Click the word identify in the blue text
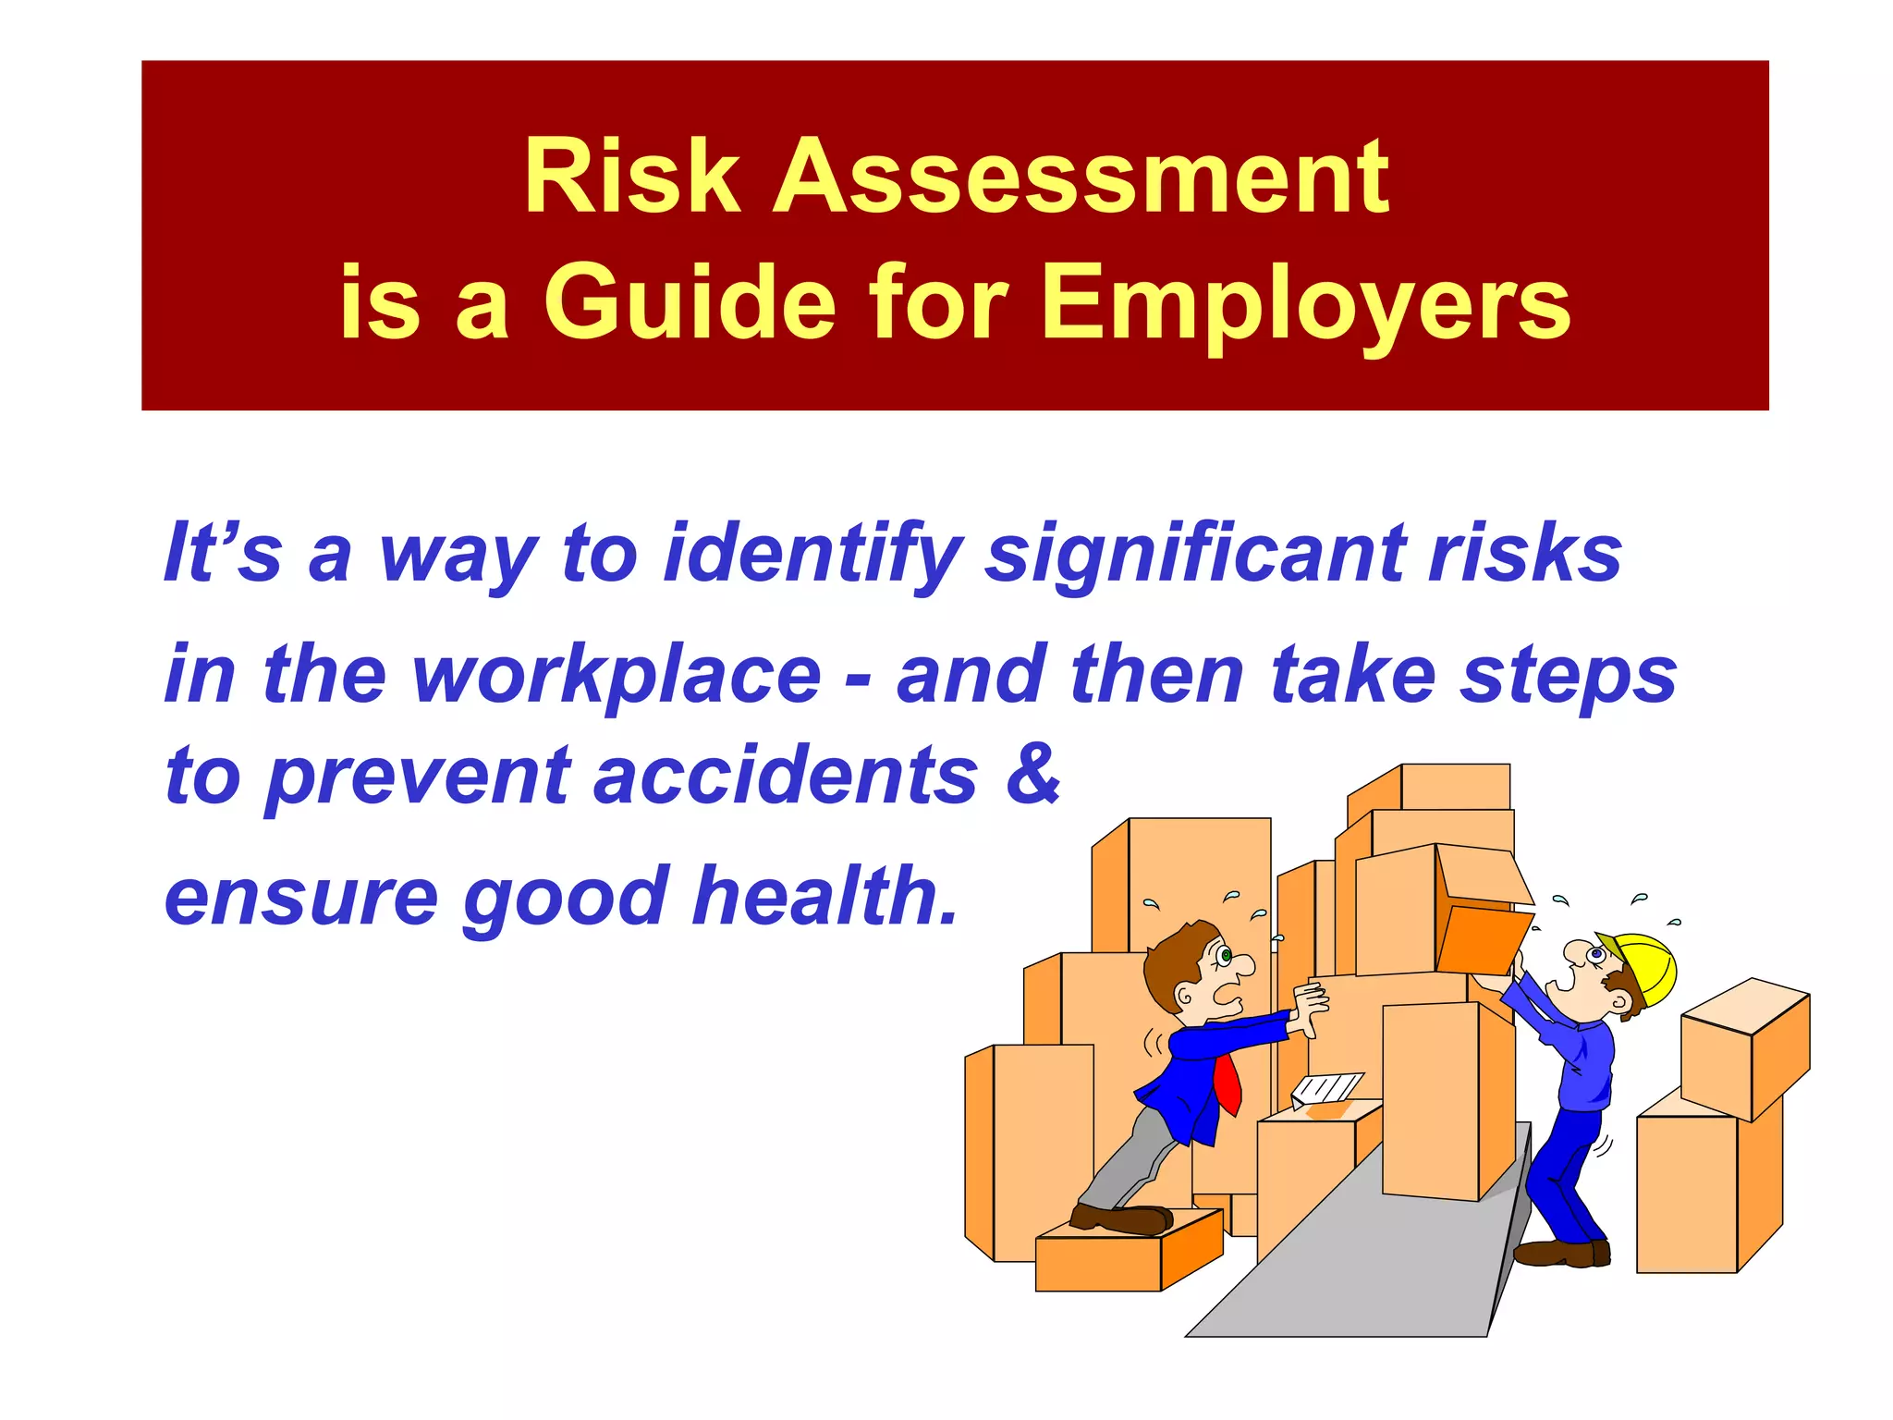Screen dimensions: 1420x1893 coord(812,555)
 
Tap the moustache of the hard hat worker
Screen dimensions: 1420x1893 coord(1617,985)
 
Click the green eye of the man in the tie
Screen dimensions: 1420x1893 coord(1226,955)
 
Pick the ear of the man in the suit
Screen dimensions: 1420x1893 coord(1185,998)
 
